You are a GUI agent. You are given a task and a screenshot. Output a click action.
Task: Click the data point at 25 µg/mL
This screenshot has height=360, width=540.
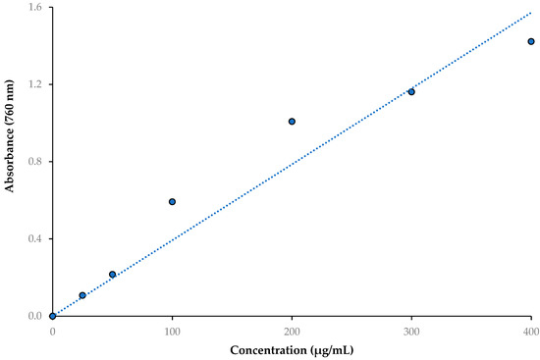pos(82,295)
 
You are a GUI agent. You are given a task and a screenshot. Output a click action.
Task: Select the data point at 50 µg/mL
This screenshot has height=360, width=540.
pos(112,275)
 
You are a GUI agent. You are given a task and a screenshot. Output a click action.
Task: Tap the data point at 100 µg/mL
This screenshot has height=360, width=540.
pos(172,202)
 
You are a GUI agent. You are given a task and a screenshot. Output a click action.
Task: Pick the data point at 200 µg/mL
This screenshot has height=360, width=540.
pos(292,122)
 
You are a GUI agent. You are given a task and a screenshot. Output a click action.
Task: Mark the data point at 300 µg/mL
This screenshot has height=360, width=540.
pos(411,91)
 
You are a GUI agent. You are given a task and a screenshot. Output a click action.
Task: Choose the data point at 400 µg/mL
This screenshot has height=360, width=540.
pos(531,42)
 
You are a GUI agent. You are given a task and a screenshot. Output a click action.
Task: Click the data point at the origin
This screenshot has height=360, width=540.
pos(52,316)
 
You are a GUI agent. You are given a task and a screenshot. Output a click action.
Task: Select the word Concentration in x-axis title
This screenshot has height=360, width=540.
pos(266,350)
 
